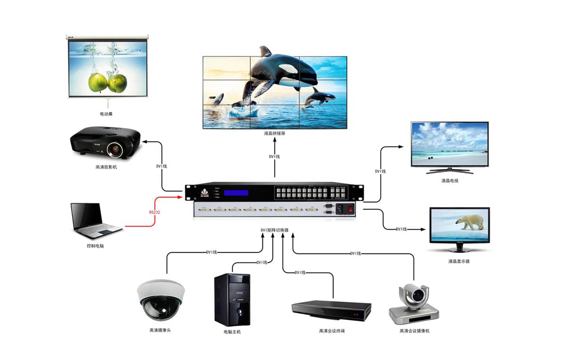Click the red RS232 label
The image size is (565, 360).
(155, 213)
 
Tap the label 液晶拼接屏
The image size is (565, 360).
(275, 133)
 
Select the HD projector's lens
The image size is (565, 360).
(115, 150)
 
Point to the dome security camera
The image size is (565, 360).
(160, 299)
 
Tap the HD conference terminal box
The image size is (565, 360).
(331, 311)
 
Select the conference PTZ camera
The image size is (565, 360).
(414, 304)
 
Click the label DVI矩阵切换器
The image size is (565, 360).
(274, 230)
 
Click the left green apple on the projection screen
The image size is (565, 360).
(98, 82)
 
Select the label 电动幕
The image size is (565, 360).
(106, 114)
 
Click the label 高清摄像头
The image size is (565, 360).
(160, 330)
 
